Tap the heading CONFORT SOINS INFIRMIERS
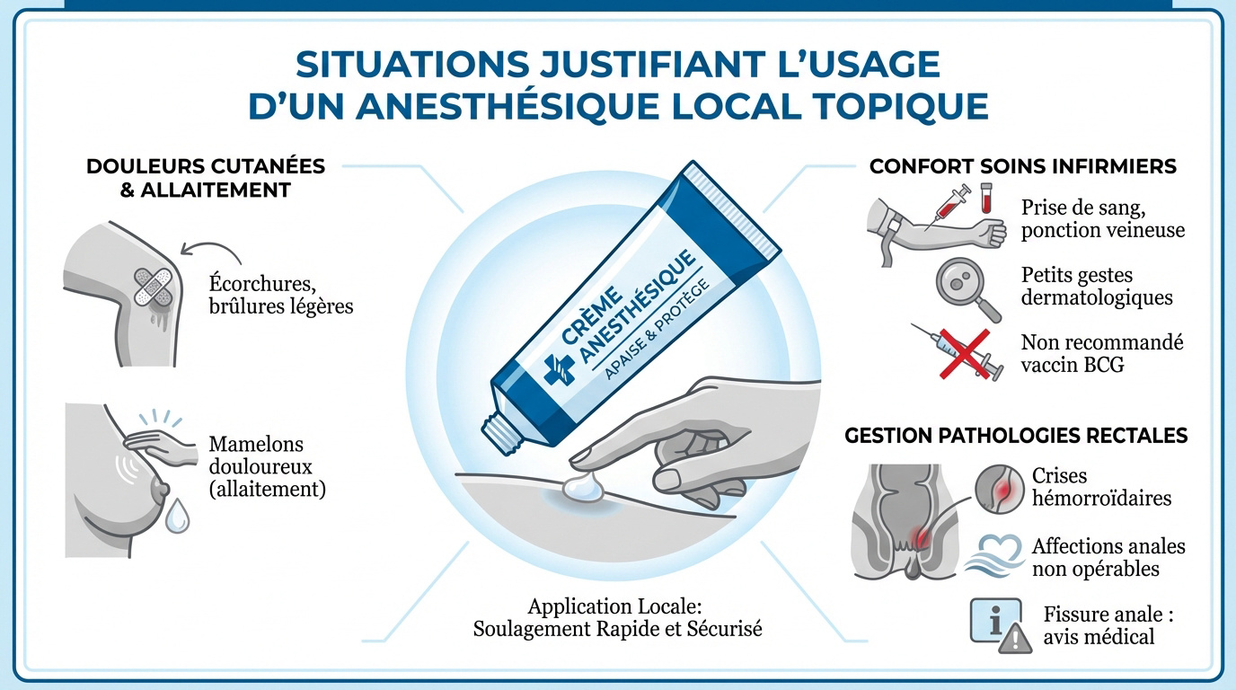[1022, 167]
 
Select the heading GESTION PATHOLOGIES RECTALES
[1016, 436]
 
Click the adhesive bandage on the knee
[152, 287]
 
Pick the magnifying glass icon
[967, 288]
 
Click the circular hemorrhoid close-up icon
[998, 486]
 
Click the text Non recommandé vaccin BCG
[1102, 353]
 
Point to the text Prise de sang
[1082, 208]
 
